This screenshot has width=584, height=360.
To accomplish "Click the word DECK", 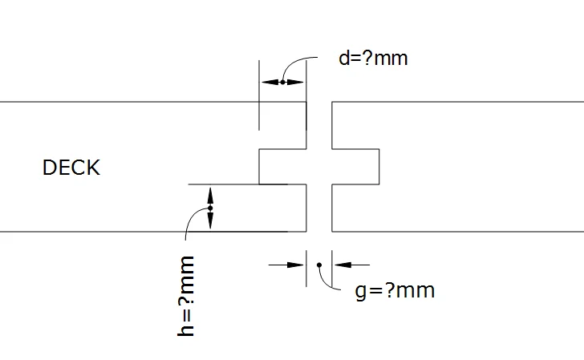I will pos(71,168).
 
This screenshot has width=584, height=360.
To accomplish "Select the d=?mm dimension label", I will pos(373,59).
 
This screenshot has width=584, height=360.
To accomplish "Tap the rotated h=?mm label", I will pos(187,296).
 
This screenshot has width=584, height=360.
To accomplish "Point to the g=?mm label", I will pos(395,289).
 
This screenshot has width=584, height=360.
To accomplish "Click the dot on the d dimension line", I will pos(282,82).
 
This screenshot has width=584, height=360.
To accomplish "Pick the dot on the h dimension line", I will pos(210,208).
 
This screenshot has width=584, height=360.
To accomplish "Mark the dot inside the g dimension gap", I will pos(319,264).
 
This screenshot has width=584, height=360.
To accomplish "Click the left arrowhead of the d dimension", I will pos(266,82).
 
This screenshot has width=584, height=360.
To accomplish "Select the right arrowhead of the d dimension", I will pos(298,82).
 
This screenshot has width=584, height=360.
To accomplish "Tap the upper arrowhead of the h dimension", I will pos(210,193).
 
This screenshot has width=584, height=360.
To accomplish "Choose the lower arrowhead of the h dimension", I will pos(210,223).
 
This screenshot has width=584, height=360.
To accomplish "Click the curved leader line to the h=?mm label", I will pos(193,220).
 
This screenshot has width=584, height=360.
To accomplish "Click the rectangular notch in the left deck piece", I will pos(282,167).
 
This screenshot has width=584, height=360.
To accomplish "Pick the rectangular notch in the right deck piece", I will pos(355,167).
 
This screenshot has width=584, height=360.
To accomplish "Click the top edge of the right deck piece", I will pos(457,102).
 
